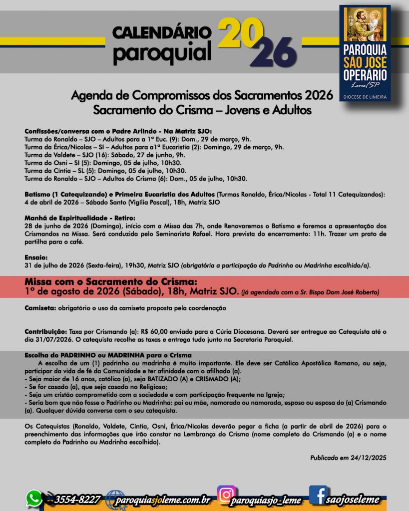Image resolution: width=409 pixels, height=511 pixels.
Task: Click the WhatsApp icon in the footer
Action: pos(34,498)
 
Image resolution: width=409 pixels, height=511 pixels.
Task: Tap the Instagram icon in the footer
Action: pos(226,494)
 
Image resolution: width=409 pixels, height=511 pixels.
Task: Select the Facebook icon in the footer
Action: pos(318,495)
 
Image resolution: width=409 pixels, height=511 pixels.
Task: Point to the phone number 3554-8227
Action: pos(77,499)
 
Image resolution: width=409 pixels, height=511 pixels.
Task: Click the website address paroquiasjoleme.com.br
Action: pos(163,499)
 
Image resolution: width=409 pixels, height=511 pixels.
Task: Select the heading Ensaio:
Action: pos(36,257)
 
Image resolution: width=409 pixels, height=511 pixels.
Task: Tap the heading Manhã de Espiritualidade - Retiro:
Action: pos(80,218)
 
